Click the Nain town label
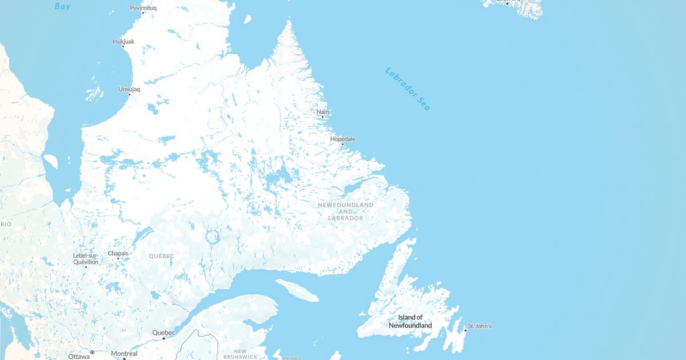pos(323,111)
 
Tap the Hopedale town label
pos(342,139)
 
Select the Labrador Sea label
pos(408,89)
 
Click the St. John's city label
pos(480,326)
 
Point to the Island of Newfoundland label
pos(410,321)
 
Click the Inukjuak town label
pos(123,41)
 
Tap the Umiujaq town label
pos(129,89)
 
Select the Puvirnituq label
pos(143,8)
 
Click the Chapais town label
pos(118,253)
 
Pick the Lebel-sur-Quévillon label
pos(86,258)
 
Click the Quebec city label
pos(163,333)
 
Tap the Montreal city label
pos(124,354)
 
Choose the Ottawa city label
pos(79,356)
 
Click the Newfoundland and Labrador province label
pos(345,211)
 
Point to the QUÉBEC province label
pos(161,256)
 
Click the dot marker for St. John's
pos(465,330)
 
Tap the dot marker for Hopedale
pos(342,144)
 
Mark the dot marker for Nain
pos(322,117)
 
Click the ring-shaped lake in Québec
pos(212,237)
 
